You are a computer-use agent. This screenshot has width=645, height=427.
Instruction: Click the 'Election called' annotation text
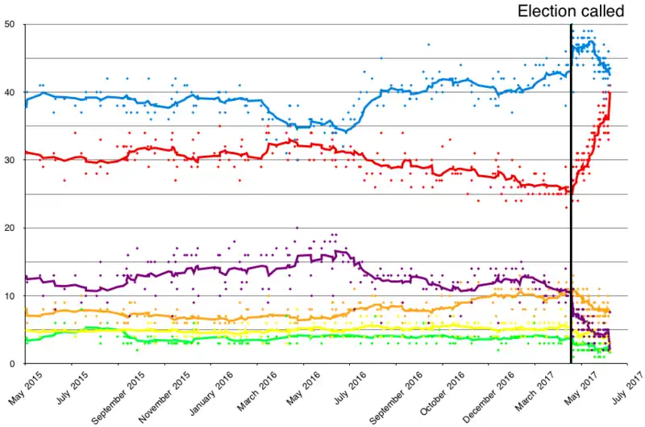pos(570,10)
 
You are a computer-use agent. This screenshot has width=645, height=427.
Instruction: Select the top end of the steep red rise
pos(610,93)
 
